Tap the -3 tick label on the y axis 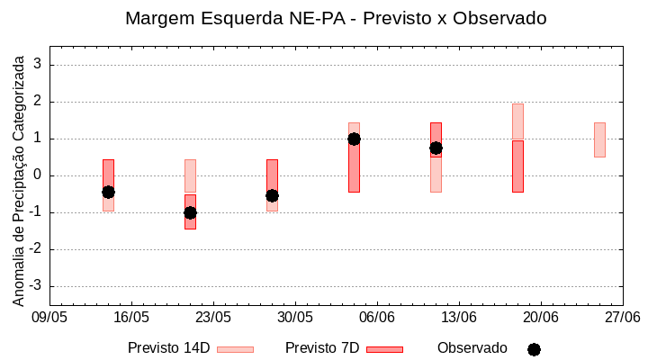(37, 286)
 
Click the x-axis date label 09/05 (49, 318)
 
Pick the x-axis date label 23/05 (213, 318)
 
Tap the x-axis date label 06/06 (377, 318)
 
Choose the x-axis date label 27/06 (622, 318)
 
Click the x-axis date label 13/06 (459, 318)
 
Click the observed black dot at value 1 (354, 139)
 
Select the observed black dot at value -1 (190, 212)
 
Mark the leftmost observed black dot (108, 192)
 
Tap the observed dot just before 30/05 (272, 195)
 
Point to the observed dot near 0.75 (436, 148)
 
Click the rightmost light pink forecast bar (599, 139)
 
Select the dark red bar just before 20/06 (517, 166)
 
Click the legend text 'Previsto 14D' (168, 348)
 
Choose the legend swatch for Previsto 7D (384, 349)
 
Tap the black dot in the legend (534, 349)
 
